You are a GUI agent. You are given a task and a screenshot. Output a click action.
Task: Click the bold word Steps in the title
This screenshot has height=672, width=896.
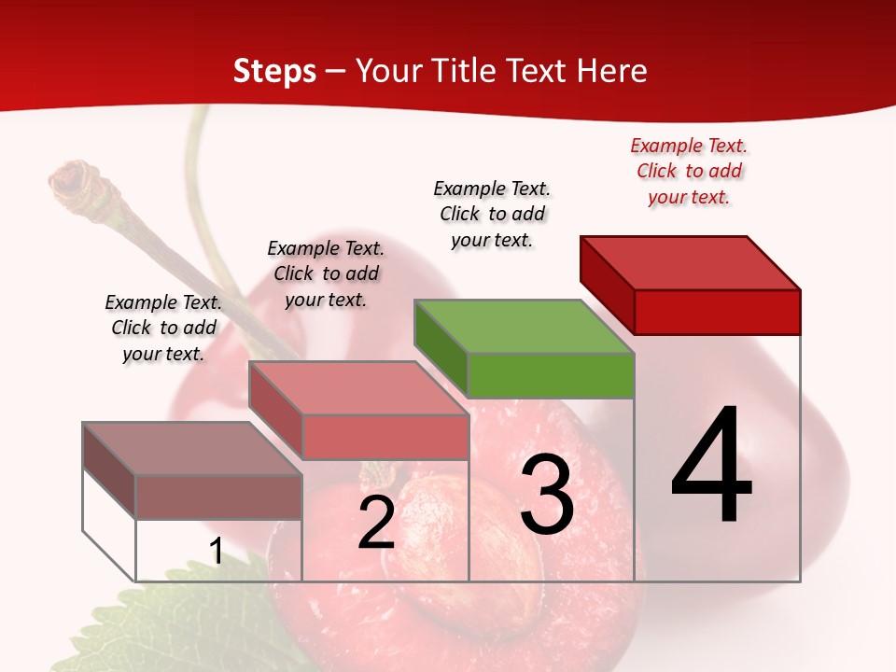(274, 71)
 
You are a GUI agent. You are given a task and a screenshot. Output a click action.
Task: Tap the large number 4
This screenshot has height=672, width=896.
(711, 467)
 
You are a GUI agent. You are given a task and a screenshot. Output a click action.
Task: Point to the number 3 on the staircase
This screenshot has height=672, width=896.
(547, 495)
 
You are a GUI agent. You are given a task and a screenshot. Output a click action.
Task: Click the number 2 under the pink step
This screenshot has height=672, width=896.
(376, 524)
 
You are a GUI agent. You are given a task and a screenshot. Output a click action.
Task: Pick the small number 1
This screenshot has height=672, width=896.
(216, 552)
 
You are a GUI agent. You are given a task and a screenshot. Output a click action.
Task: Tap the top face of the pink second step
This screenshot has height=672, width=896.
(358, 388)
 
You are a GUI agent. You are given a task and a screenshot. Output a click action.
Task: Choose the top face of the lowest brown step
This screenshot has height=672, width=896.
(192, 449)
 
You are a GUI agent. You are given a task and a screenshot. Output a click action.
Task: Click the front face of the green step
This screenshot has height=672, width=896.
(551, 375)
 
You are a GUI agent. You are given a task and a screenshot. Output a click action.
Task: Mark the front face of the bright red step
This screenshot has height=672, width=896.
(717, 312)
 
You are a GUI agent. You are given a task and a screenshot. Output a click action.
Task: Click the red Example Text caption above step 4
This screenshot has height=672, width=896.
(689, 172)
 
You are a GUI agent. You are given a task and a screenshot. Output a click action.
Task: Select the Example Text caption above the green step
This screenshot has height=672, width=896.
(492, 214)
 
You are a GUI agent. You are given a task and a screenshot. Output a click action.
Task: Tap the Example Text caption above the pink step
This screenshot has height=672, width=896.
(326, 273)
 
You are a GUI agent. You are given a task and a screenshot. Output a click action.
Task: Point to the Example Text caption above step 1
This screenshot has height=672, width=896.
(163, 328)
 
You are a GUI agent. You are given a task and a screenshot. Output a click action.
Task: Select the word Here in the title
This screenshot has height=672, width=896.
(612, 71)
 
